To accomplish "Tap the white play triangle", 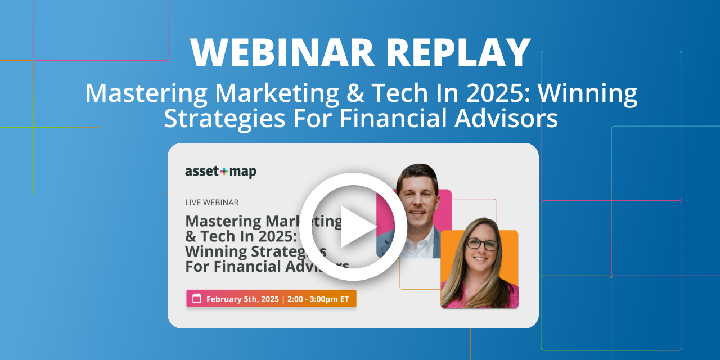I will tap(356, 226).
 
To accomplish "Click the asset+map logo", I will tap(220, 172).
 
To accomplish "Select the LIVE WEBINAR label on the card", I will tap(211, 202).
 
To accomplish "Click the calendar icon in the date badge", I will tap(197, 299).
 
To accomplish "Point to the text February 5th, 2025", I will tap(242, 299).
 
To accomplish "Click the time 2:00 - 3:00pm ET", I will tap(318, 299).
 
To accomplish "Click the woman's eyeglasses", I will tap(482, 245).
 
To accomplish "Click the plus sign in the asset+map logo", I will tap(224, 171).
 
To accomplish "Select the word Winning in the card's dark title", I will tap(215, 251).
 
